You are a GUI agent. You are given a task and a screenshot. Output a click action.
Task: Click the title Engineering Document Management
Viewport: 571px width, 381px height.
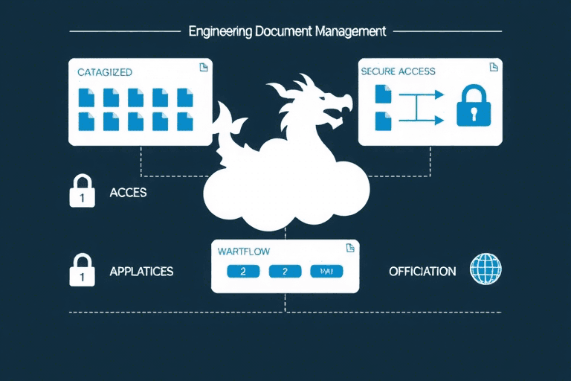pos(287,31)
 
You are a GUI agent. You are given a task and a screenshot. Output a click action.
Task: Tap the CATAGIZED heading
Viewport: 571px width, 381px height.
pos(105,72)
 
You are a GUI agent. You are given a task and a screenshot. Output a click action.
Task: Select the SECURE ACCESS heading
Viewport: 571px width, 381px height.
pos(398,71)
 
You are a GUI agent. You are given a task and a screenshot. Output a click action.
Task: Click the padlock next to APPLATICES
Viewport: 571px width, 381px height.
pos(81,270)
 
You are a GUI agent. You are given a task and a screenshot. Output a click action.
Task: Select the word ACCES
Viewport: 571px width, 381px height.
pos(128,192)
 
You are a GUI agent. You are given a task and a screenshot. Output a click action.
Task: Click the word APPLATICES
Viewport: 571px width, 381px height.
pos(141,271)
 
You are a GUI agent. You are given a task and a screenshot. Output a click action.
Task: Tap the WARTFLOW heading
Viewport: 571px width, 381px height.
pos(243,251)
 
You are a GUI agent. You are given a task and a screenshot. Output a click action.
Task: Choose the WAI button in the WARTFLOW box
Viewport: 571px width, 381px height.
pos(326,272)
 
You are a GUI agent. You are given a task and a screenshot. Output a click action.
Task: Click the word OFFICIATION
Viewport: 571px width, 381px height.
pos(422,271)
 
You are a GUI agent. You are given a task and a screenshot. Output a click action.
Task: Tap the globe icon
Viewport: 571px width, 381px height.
pos(486,269)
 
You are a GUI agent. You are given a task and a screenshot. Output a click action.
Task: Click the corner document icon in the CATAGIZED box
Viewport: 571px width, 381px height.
pos(203,68)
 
